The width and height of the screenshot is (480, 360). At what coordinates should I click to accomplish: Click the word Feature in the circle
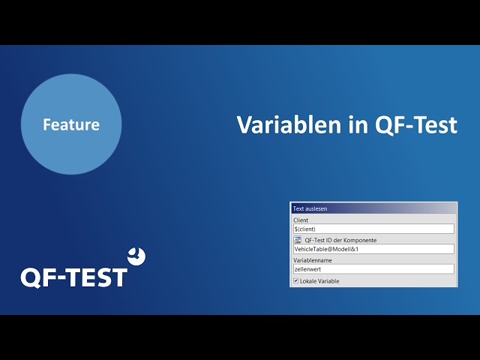click(71, 124)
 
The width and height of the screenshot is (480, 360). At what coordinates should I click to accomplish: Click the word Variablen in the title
click(289, 124)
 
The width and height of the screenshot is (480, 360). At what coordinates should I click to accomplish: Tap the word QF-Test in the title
click(416, 125)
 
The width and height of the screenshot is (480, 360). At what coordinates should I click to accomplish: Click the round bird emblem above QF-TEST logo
click(136, 256)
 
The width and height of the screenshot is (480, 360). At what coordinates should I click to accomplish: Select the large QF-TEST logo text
click(73, 277)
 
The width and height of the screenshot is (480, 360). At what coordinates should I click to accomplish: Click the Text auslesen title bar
click(373, 208)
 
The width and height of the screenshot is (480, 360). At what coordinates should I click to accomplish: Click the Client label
click(301, 220)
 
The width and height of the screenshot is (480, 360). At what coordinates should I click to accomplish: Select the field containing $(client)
click(373, 229)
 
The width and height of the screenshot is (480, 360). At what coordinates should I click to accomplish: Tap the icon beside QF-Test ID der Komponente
click(297, 240)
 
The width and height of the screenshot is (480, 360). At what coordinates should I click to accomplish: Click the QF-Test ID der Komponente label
click(340, 240)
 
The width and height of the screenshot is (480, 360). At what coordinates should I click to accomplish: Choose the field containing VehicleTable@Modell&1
click(373, 249)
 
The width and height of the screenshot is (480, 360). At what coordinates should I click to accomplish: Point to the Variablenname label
click(313, 260)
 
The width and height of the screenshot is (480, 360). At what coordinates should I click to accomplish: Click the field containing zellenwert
click(373, 269)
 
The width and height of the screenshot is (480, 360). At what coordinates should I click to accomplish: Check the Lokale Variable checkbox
click(296, 280)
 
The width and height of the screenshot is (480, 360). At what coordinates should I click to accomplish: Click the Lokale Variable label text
click(319, 281)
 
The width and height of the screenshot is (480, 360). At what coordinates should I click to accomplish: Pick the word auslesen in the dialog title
click(316, 208)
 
